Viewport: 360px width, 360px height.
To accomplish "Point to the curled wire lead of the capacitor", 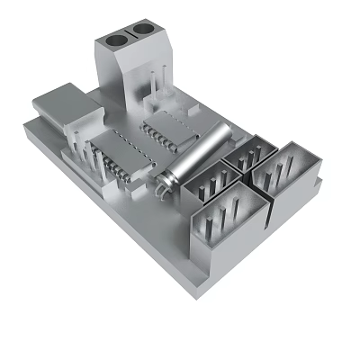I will point(162,190).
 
